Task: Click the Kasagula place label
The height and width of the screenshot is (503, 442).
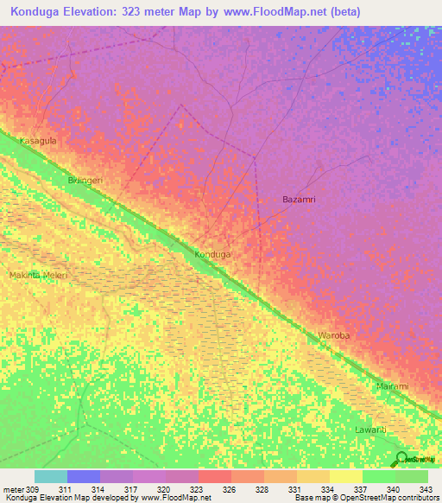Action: coord(38,140)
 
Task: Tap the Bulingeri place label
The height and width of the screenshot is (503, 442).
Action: coord(85,181)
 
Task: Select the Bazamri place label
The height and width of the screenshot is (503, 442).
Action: coord(299,199)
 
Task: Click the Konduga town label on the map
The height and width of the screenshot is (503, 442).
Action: coord(212,255)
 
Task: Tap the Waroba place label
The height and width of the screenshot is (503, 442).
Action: coord(334,334)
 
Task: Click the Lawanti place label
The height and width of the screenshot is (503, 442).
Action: coord(372,429)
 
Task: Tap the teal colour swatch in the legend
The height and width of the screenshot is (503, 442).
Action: coord(50,476)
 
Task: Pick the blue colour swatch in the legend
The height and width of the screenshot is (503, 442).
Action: coord(83,476)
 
